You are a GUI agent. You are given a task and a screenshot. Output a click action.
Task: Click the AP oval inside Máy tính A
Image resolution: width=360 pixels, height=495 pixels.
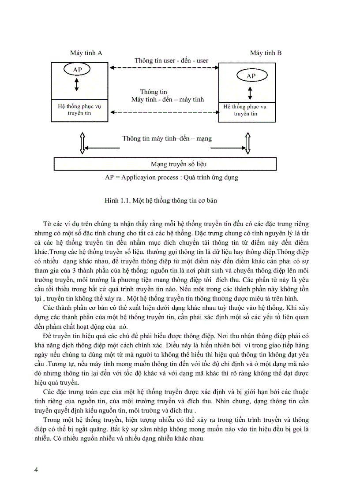point(76,69)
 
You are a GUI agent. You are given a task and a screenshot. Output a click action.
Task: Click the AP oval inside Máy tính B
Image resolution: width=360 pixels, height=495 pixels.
point(251,76)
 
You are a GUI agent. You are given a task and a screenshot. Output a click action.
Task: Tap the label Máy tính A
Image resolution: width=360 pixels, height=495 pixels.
point(86,53)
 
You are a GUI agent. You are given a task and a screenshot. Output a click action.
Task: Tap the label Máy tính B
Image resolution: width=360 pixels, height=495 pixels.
point(266,53)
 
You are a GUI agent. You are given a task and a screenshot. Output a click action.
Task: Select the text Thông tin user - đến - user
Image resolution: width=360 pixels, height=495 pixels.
point(171,60)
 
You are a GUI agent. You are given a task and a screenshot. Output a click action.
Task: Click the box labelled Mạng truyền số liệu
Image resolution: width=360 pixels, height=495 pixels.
point(165,164)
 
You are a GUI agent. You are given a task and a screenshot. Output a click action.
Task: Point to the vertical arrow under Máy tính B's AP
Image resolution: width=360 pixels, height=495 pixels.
point(251,93)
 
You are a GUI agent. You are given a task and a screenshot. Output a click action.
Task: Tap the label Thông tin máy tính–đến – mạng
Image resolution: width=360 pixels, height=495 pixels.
point(167,138)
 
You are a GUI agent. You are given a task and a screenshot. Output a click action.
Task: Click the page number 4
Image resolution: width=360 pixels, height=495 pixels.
point(36,469)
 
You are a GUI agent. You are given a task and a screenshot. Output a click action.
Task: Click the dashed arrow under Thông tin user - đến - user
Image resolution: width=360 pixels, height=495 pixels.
point(165,68)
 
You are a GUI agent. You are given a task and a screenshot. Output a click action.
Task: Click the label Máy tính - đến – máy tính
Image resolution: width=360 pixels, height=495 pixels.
point(168,100)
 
